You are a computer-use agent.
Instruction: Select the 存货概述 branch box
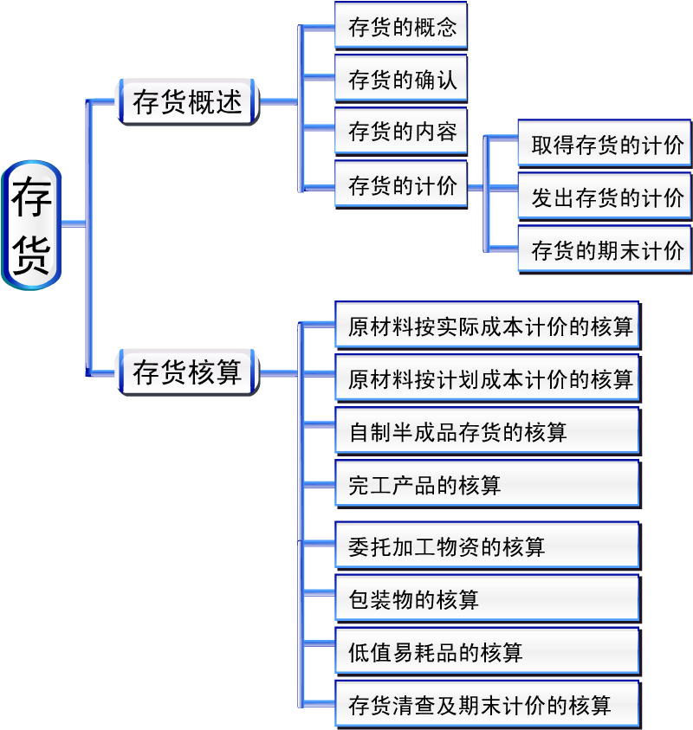tap(187, 102)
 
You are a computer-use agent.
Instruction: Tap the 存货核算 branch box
tap(187, 373)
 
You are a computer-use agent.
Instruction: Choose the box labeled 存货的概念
tap(401, 27)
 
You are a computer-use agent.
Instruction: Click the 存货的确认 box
tap(401, 81)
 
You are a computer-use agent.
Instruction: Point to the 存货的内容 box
tap(401, 133)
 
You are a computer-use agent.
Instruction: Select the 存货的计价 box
tap(401, 185)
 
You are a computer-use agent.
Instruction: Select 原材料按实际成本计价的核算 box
tap(488, 326)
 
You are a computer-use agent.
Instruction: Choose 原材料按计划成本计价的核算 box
tap(488, 379)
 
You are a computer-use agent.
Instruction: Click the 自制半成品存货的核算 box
tap(488, 432)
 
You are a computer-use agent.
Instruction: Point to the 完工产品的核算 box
tap(488, 485)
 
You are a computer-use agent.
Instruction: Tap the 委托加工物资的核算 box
tap(488, 546)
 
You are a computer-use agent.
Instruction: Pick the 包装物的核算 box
tap(488, 599)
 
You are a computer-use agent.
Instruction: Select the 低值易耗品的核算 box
tap(488, 652)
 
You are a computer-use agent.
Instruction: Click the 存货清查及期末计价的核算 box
tap(488, 705)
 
